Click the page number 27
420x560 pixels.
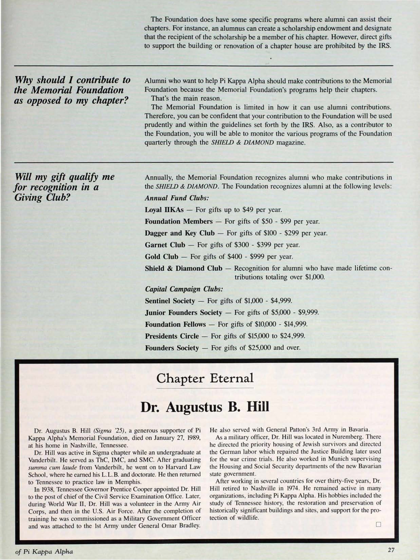click(x=391, y=550)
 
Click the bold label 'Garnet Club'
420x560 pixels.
click(x=165, y=245)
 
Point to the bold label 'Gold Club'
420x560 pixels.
click(x=161, y=257)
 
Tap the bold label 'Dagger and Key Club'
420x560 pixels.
click(x=180, y=233)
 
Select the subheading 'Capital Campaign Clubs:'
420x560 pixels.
click(x=184, y=289)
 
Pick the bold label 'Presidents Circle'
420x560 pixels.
click(x=172, y=336)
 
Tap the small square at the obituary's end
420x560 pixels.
click(x=378, y=524)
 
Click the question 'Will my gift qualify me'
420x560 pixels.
click(x=65, y=177)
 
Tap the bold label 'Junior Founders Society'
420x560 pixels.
click(x=183, y=313)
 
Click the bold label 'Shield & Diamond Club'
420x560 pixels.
click(x=183, y=268)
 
